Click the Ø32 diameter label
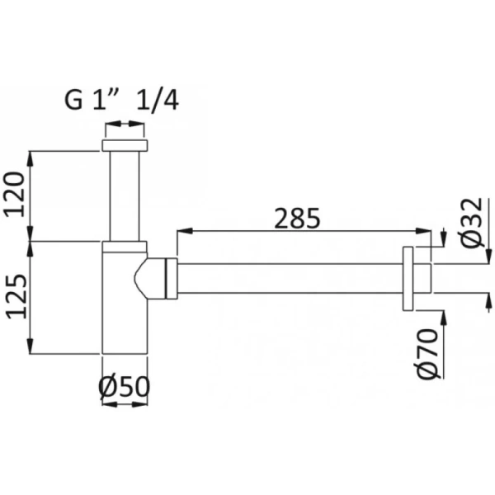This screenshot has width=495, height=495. coord(472,224)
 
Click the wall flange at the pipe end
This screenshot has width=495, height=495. coord(408,279)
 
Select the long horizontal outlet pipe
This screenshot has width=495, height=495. coord(289,279)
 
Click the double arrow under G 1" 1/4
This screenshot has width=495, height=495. coord(125,126)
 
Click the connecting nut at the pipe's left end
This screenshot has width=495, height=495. coord(173,278)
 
